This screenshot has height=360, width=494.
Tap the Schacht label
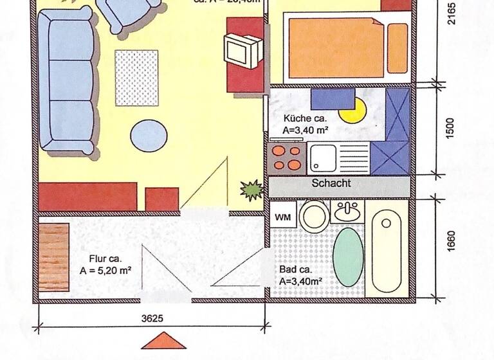pyautogui.click(x=331, y=183)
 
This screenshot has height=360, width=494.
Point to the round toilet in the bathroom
pyautogui.click(x=313, y=217)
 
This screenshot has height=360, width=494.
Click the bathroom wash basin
pyautogui.click(x=349, y=212)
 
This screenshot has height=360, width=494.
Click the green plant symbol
pyautogui.click(x=251, y=189)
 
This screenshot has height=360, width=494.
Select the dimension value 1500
pyautogui.click(x=450, y=128)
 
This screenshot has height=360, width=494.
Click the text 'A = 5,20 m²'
pyautogui.click(x=105, y=271)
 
